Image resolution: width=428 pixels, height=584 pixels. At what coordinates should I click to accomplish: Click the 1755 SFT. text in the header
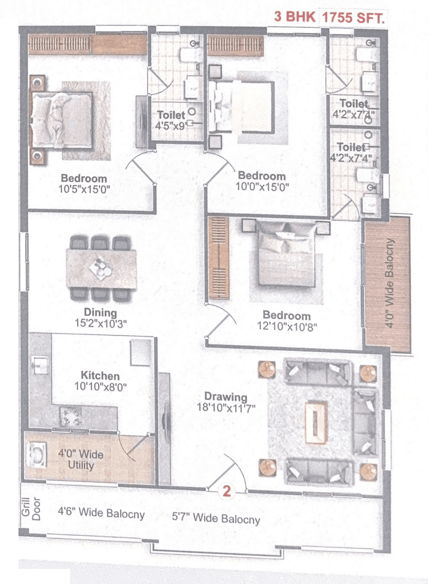[353, 17]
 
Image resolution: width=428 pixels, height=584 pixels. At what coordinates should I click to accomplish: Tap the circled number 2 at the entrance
[227, 491]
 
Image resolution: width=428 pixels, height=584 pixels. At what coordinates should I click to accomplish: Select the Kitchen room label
[100, 376]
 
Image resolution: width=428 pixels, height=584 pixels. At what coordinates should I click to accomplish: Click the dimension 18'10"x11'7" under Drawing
[226, 408]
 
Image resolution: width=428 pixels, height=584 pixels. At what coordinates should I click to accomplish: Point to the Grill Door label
[31, 508]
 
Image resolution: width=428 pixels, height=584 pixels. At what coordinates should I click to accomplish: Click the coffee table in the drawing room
[316, 423]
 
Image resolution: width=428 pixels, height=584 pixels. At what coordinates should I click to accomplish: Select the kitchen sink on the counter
[40, 365]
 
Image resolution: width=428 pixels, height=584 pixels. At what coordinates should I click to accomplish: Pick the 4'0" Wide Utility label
[81, 459]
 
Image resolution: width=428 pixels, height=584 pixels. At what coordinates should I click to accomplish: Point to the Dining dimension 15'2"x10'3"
[101, 323]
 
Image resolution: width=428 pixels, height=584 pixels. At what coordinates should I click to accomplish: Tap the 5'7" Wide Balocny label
[216, 518]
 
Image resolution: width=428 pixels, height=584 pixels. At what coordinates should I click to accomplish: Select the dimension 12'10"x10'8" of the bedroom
[287, 326]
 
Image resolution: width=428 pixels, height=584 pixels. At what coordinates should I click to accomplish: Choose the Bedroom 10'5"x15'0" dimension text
[84, 189]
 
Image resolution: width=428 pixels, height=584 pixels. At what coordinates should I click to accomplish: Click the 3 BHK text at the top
[294, 16]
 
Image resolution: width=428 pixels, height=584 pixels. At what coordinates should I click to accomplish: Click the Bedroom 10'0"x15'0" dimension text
[262, 186]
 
